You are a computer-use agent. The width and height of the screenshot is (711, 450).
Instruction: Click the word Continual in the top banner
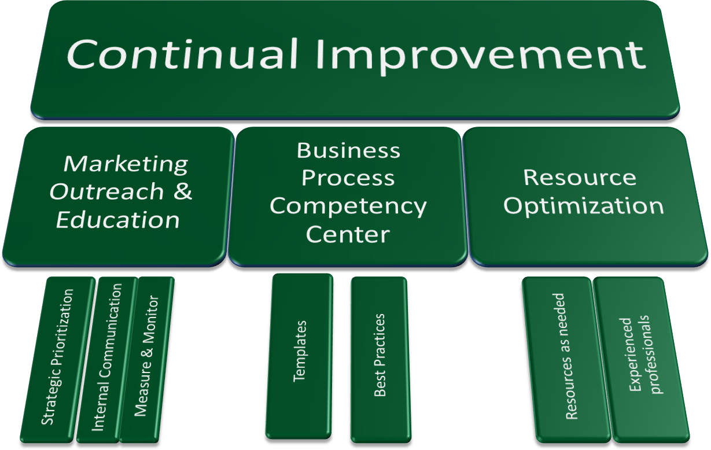(182, 54)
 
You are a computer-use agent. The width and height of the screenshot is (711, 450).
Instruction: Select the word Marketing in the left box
(126, 164)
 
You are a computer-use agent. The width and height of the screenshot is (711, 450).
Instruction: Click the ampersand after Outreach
(183, 191)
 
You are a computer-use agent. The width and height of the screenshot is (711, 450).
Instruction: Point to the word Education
(118, 219)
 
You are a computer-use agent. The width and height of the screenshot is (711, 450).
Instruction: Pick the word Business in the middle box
(348, 150)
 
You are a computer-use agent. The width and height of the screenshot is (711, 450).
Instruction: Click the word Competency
(348, 207)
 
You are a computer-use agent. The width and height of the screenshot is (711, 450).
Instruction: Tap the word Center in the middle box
(348, 234)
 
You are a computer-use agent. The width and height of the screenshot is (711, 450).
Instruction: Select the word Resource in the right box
(580, 177)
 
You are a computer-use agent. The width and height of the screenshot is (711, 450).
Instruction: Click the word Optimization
(583, 207)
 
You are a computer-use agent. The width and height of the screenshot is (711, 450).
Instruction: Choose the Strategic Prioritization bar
(58, 360)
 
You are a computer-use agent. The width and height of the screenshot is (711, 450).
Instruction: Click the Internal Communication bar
(107, 360)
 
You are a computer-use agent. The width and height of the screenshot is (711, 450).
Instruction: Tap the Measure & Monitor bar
(146, 360)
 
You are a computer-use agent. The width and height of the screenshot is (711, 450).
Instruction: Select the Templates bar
(299, 356)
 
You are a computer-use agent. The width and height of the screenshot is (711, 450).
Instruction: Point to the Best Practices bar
(380, 360)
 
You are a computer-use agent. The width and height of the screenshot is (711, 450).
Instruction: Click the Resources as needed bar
(566, 360)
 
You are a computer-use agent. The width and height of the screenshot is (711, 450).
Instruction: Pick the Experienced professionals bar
(641, 360)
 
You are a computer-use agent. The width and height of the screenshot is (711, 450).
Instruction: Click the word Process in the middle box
(348, 178)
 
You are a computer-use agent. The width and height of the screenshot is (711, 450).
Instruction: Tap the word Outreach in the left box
(106, 191)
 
